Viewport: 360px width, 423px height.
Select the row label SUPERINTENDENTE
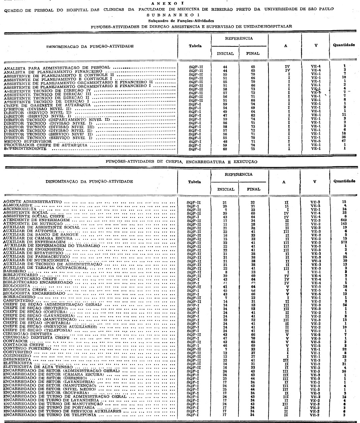pos(25,148)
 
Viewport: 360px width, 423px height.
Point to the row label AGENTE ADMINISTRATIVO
pos(32,202)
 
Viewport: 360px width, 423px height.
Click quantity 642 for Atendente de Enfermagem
pos(344,220)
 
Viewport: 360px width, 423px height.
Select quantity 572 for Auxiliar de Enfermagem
pos(344,241)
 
